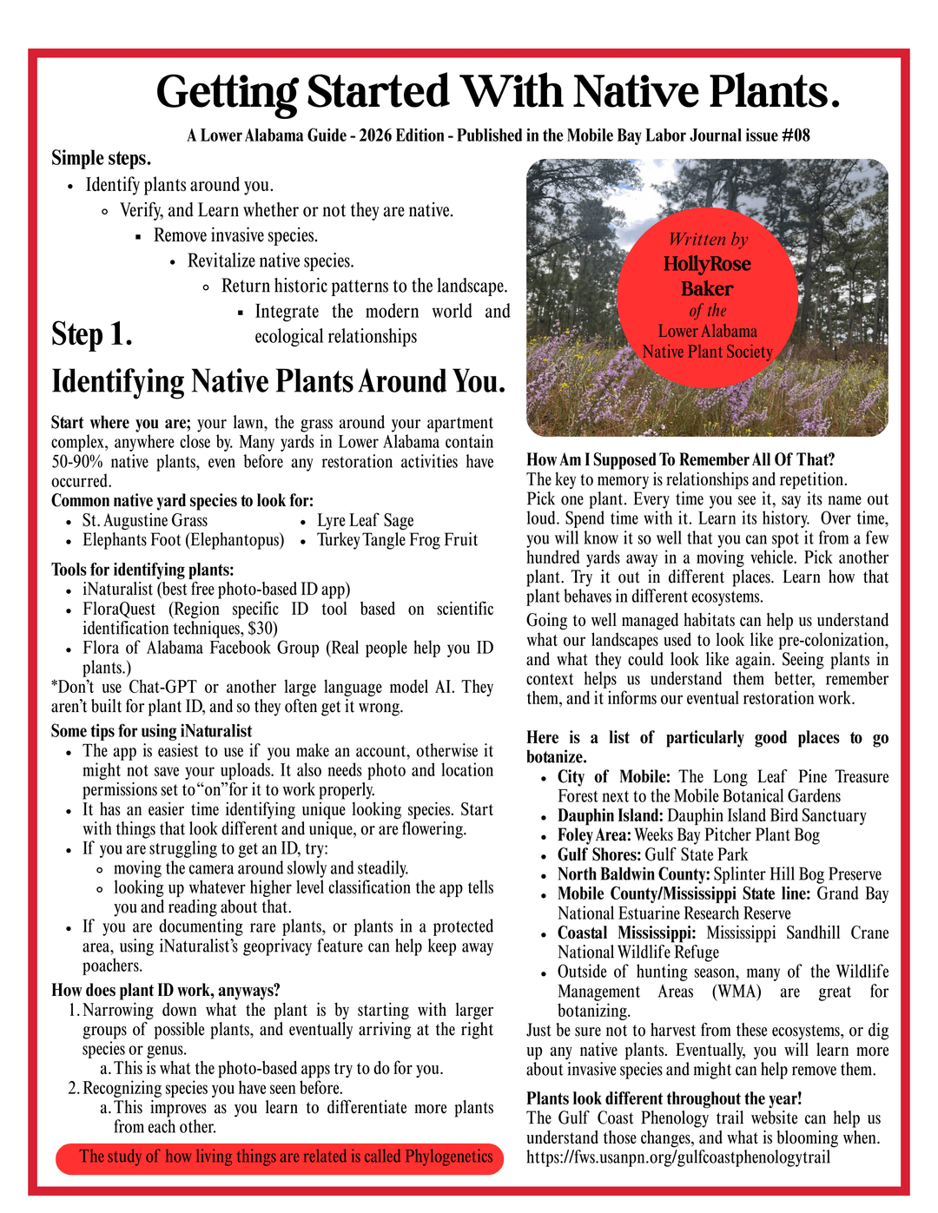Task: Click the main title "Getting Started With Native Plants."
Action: [x=498, y=92]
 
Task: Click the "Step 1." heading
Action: [x=91, y=334]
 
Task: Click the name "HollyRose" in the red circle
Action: [x=707, y=264]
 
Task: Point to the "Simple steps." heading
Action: [x=101, y=158]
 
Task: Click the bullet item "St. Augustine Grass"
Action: [x=145, y=520]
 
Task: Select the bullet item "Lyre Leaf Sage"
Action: [x=365, y=520]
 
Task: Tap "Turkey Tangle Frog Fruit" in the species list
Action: [x=397, y=540]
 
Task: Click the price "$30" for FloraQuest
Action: [x=261, y=629]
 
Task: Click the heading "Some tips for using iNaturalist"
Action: [x=151, y=731]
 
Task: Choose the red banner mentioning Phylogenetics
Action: [x=280, y=1157]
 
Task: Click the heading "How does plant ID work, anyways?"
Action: [x=165, y=991]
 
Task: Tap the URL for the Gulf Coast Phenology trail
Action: [x=678, y=1157]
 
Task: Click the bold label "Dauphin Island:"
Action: [x=611, y=816]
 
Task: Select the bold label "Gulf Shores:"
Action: [x=599, y=855]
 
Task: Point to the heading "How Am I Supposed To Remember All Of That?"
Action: [x=680, y=460]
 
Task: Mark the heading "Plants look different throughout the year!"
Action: [x=664, y=1098]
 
